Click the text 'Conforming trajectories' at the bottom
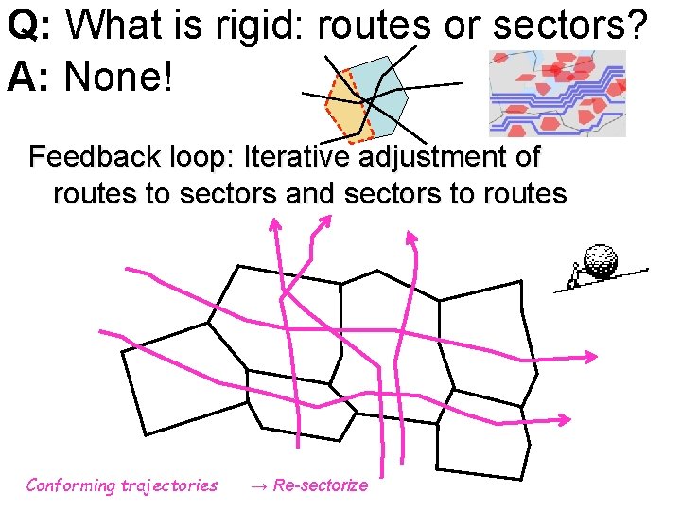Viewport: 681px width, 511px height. click(x=121, y=485)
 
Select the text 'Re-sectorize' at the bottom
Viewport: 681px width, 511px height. click(x=321, y=485)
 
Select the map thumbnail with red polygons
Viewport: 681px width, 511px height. click(x=557, y=94)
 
